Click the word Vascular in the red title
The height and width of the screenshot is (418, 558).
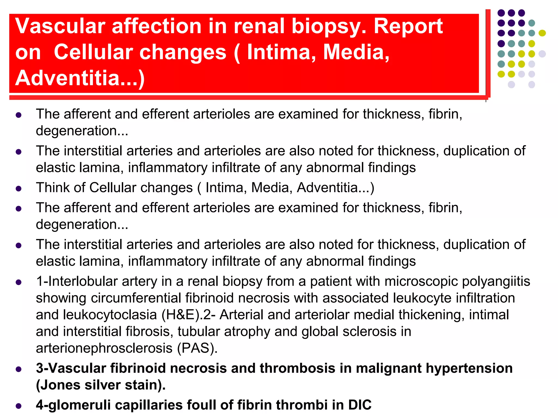tap(60, 26)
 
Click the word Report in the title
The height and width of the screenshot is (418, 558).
tap(408, 26)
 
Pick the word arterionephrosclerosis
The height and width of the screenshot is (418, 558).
tap(104, 348)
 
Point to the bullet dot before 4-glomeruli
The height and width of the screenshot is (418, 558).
tap(19, 406)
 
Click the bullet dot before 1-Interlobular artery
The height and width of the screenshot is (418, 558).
tap(19, 282)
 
